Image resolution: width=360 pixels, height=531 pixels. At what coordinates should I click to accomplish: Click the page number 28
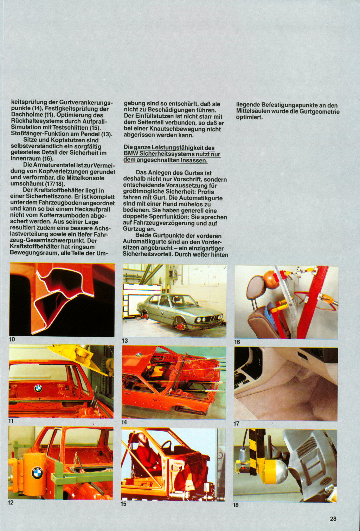click(x=333, y=518)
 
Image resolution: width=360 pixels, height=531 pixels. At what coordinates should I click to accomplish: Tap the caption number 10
click(x=12, y=339)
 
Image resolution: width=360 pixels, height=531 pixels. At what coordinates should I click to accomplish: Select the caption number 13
click(x=125, y=341)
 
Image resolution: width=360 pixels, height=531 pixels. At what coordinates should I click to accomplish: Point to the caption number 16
click(x=237, y=342)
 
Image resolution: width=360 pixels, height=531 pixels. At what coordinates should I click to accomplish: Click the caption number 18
click(x=236, y=505)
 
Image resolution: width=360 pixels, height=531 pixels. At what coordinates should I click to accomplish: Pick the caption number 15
click(x=123, y=504)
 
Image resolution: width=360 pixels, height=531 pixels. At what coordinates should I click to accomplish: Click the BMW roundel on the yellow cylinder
click(x=37, y=473)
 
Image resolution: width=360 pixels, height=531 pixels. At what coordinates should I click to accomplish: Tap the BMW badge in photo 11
click(x=38, y=388)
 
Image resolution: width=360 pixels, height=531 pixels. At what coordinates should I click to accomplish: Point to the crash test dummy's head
click(x=141, y=438)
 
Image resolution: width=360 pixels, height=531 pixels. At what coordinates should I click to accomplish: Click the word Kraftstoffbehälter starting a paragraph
click(x=54, y=190)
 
